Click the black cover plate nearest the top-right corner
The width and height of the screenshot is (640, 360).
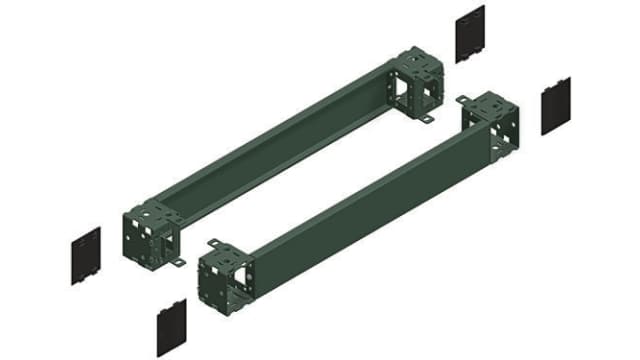coord(469,34)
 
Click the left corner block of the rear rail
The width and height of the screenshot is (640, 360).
coord(149,228)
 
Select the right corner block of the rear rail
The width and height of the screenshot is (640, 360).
coord(418,81)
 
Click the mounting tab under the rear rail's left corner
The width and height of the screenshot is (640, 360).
coord(177,263)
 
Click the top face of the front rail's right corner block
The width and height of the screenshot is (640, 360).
coord(491,103)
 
